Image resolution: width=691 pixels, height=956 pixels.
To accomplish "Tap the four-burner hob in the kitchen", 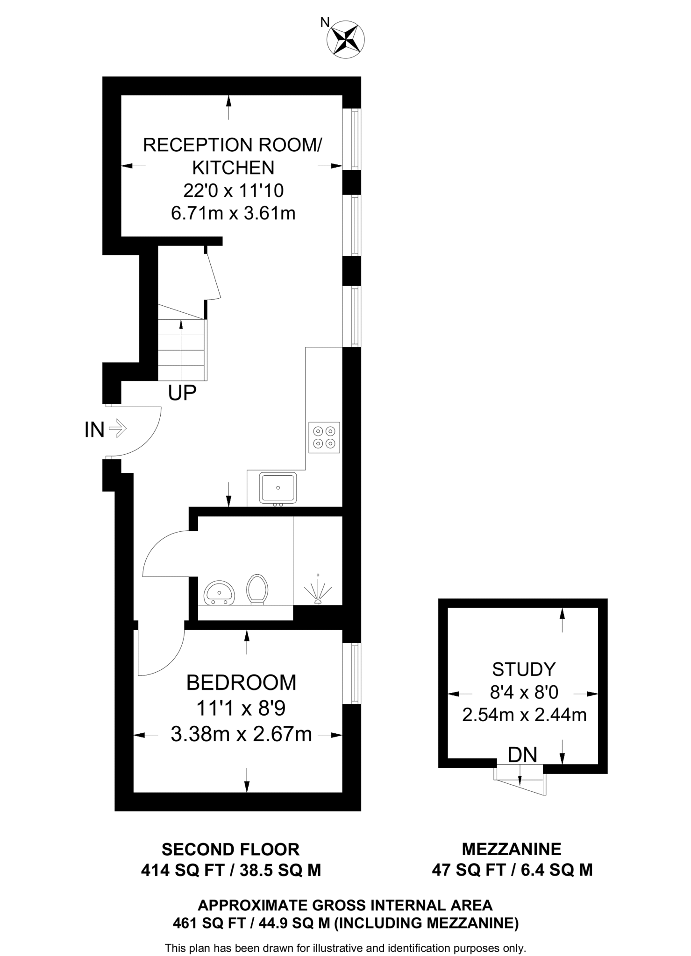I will tap(324, 437).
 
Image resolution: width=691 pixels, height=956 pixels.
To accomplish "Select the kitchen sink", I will tap(278, 488).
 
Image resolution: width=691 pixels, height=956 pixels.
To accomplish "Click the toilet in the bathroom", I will tap(257, 589).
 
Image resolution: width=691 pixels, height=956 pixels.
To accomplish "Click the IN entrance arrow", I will tap(117, 428).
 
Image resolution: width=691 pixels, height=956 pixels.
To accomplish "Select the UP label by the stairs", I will tap(182, 394).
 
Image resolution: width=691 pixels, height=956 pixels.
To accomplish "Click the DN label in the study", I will tap(522, 755).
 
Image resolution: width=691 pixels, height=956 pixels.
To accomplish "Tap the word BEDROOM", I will tap(241, 682).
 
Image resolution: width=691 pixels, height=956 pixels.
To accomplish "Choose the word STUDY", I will tap(524, 669).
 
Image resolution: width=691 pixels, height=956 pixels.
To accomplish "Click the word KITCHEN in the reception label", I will tap(233, 168).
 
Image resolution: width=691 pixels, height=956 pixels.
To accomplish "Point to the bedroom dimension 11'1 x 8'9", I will tap(241, 708).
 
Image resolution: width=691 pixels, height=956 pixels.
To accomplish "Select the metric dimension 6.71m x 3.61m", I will tap(233, 213).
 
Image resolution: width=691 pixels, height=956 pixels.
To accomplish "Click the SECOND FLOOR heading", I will tap(230, 849).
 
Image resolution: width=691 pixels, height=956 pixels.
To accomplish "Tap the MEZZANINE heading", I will tap(512, 849).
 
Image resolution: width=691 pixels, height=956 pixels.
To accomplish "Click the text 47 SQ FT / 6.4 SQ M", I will tap(512, 870).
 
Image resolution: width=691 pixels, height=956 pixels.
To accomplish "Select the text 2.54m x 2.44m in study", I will tap(524, 715).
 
